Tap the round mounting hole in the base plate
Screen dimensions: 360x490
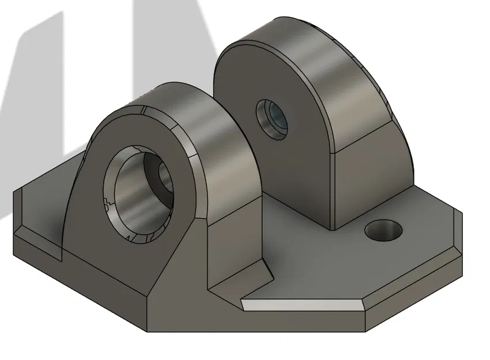tap(383, 230)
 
